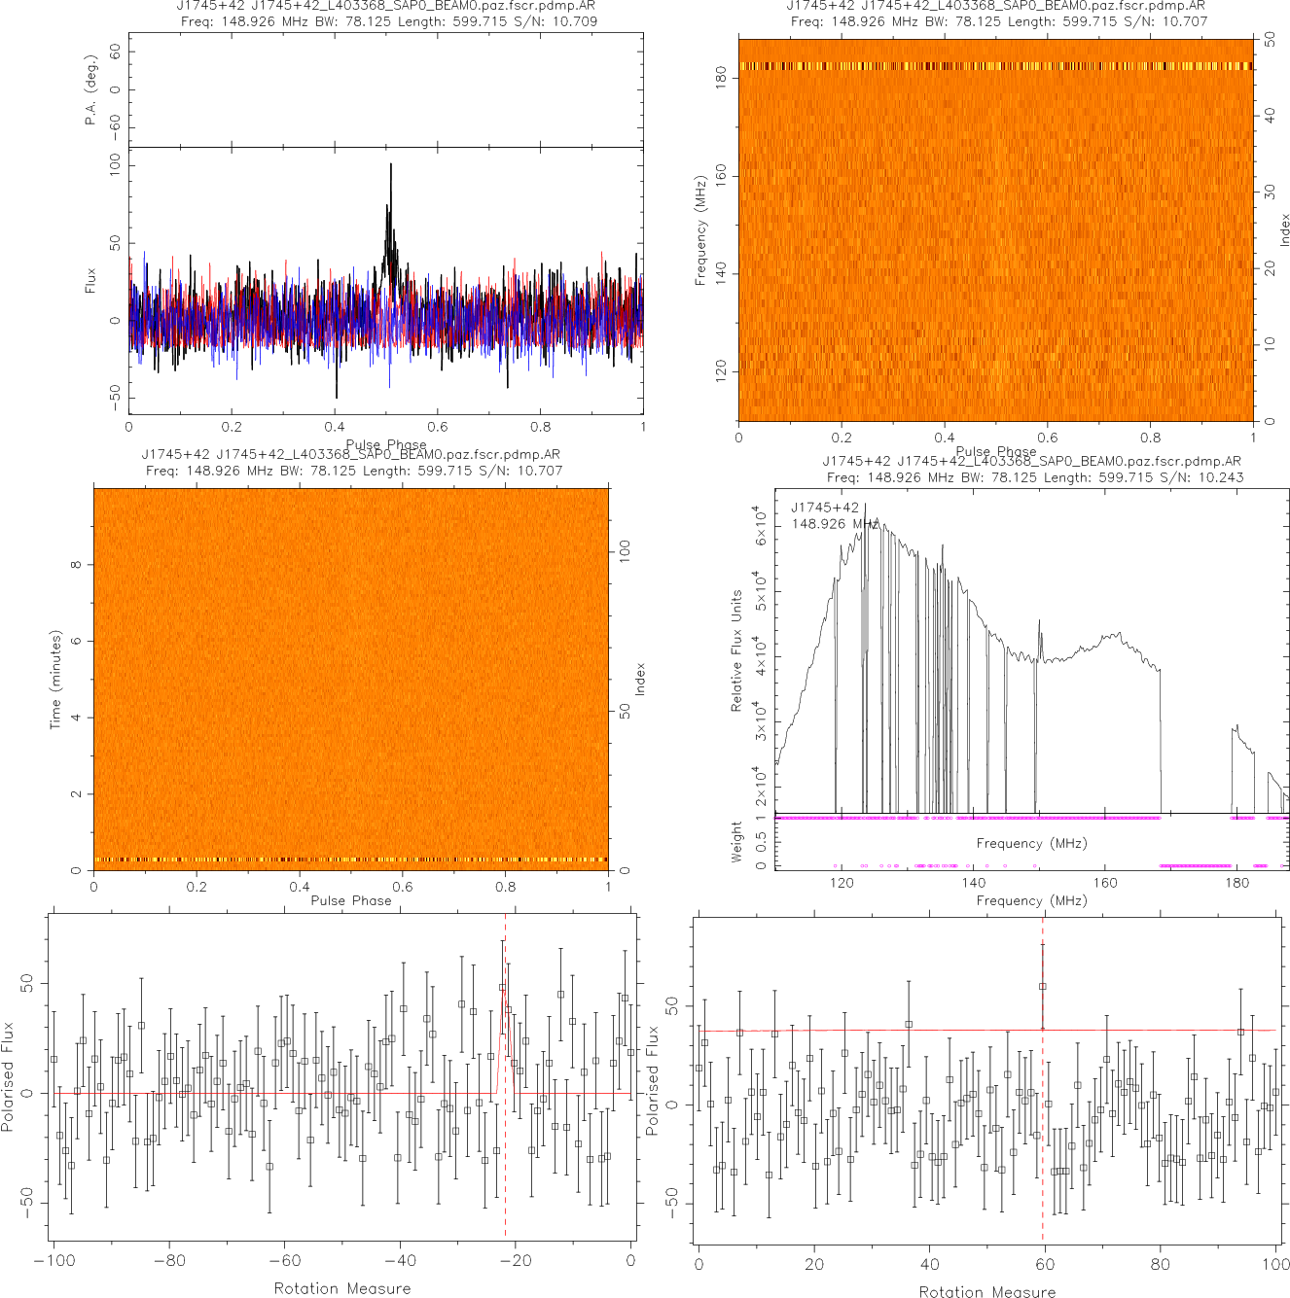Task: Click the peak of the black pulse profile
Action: coord(391,164)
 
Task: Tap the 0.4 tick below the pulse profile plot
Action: coord(335,426)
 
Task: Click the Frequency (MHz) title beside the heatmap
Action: coord(700,230)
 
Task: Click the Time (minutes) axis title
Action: coord(55,680)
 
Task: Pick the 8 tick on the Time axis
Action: coord(76,565)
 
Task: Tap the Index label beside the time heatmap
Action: coord(640,679)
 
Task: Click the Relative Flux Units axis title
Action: coord(736,650)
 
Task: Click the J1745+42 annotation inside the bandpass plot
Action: coord(824,508)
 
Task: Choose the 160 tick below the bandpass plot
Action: coord(1105,883)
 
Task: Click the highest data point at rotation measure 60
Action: coord(1043,986)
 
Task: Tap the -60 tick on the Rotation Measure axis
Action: coord(284,1261)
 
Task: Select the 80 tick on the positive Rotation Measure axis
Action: coord(1160,1264)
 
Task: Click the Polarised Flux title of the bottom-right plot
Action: coord(653,1079)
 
